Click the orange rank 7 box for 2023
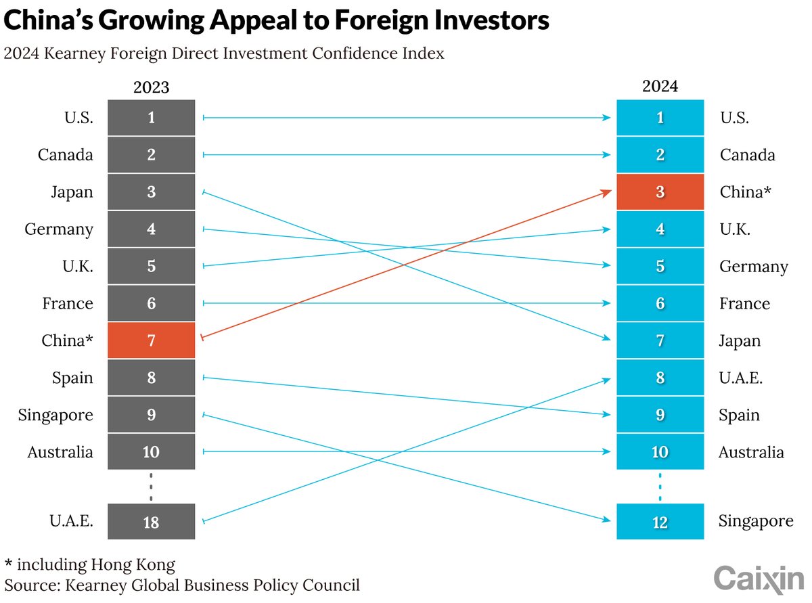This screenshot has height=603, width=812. click(x=151, y=340)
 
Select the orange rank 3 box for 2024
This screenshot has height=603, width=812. click(x=660, y=192)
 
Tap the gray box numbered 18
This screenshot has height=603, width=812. click(x=151, y=521)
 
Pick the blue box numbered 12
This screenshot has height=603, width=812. click(x=660, y=521)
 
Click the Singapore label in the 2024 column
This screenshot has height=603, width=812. click(x=756, y=521)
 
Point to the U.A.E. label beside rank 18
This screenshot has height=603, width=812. click(x=72, y=520)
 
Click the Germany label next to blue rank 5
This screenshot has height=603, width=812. click(x=753, y=267)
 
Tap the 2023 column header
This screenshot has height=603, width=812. click(x=151, y=87)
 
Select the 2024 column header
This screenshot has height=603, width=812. click(x=660, y=86)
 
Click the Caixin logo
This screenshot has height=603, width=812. click(x=759, y=579)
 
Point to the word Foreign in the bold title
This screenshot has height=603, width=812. click(x=382, y=20)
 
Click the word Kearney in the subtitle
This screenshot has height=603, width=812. click(x=74, y=54)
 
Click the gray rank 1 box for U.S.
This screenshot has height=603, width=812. click(x=151, y=118)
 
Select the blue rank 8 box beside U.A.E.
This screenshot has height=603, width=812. click(x=660, y=378)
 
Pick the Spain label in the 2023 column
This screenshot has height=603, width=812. click(x=72, y=378)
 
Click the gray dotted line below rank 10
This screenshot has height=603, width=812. click(x=151, y=487)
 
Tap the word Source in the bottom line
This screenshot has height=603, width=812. click(x=32, y=585)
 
